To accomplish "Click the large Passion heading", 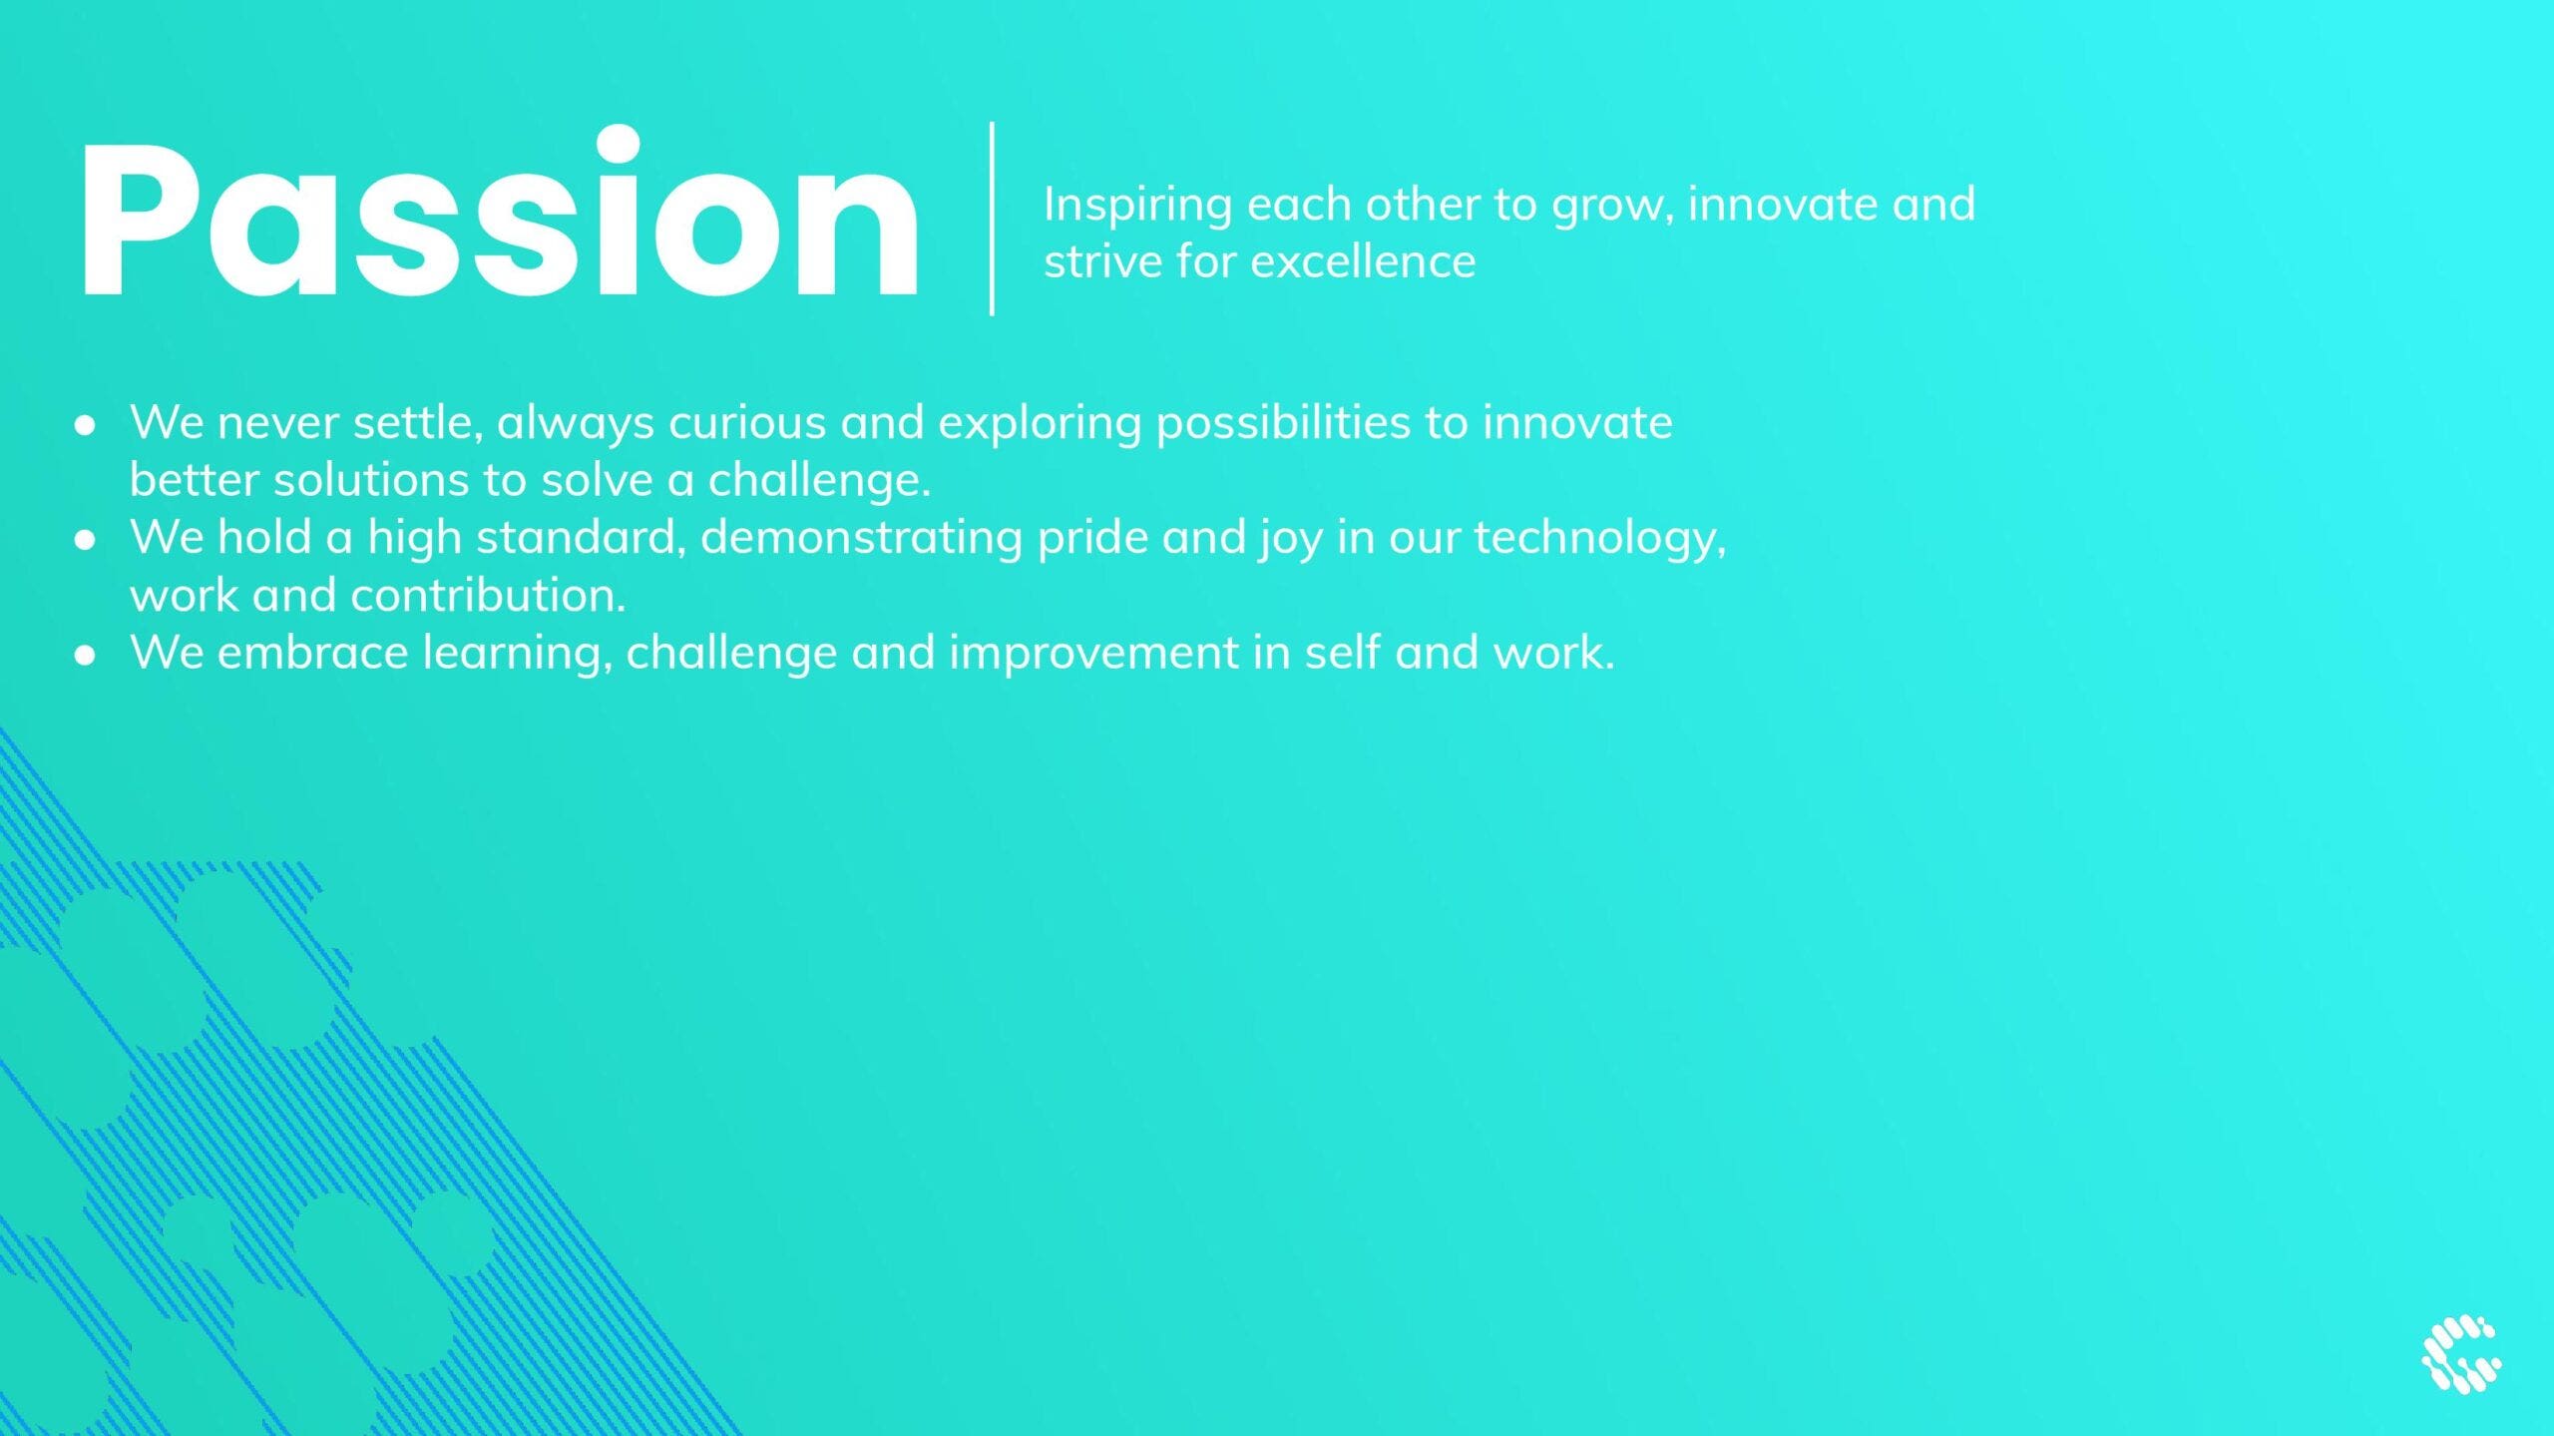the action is coord(499,214).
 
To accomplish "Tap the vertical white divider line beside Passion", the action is coord(992,219).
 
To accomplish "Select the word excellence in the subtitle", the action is coord(1363,261).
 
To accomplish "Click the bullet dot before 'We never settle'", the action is coord(86,425).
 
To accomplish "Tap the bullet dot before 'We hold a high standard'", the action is coord(86,540).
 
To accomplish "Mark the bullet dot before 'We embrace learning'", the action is coord(86,656).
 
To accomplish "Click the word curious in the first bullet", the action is coord(747,423).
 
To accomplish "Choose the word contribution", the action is coord(488,596).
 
